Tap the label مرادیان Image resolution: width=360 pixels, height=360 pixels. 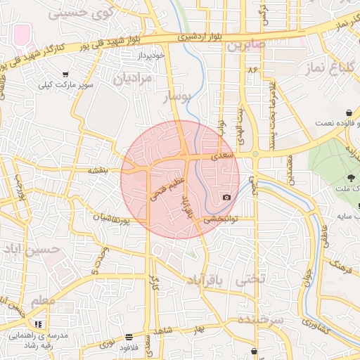(132, 78)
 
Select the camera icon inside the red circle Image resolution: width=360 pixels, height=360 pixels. (226, 198)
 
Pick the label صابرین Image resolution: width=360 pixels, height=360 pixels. (244, 45)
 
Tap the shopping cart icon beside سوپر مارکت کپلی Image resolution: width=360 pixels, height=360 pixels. (65, 75)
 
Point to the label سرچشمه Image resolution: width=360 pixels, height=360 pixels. (260, 321)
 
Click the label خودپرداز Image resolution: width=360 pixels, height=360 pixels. (150, 54)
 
